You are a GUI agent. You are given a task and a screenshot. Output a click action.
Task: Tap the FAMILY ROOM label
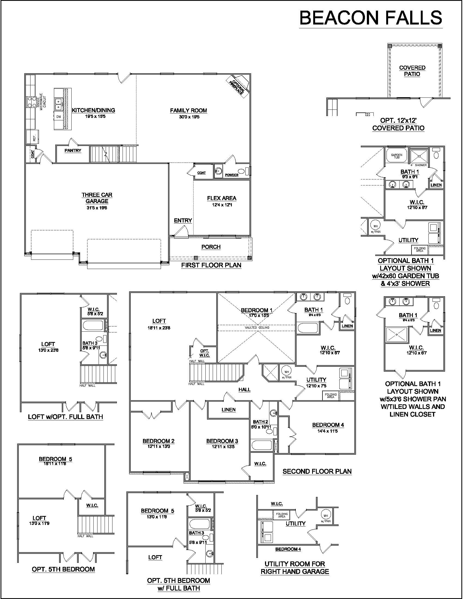pos(188,111)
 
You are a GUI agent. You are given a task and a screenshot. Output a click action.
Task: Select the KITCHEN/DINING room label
pos(93,110)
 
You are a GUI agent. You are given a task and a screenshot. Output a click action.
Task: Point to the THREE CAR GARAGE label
pos(97,198)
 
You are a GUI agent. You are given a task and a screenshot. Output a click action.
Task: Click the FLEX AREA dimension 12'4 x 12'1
pos(222,204)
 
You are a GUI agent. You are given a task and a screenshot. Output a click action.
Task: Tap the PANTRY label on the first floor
pos(73,151)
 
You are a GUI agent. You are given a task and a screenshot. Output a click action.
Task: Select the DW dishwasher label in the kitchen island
pos(59,117)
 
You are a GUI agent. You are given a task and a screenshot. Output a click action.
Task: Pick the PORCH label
pos(211,247)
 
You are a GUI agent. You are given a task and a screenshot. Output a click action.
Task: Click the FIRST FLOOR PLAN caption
pos(211,265)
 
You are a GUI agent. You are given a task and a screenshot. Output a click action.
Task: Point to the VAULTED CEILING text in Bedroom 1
pos(257,328)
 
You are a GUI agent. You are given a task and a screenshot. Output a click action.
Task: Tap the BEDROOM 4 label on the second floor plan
pos(328,425)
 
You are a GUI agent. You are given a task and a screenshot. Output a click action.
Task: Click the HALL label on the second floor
pos(244,389)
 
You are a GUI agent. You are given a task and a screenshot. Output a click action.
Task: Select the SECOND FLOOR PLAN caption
pos(317,472)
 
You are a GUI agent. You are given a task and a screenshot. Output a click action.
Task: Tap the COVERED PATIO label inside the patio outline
pos(412,71)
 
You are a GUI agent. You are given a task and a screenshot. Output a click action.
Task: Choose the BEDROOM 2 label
pos(159,441)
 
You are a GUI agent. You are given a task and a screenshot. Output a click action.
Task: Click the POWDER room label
pos(232,175)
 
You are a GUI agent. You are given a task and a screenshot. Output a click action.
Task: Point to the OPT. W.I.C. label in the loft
pos(205,353)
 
